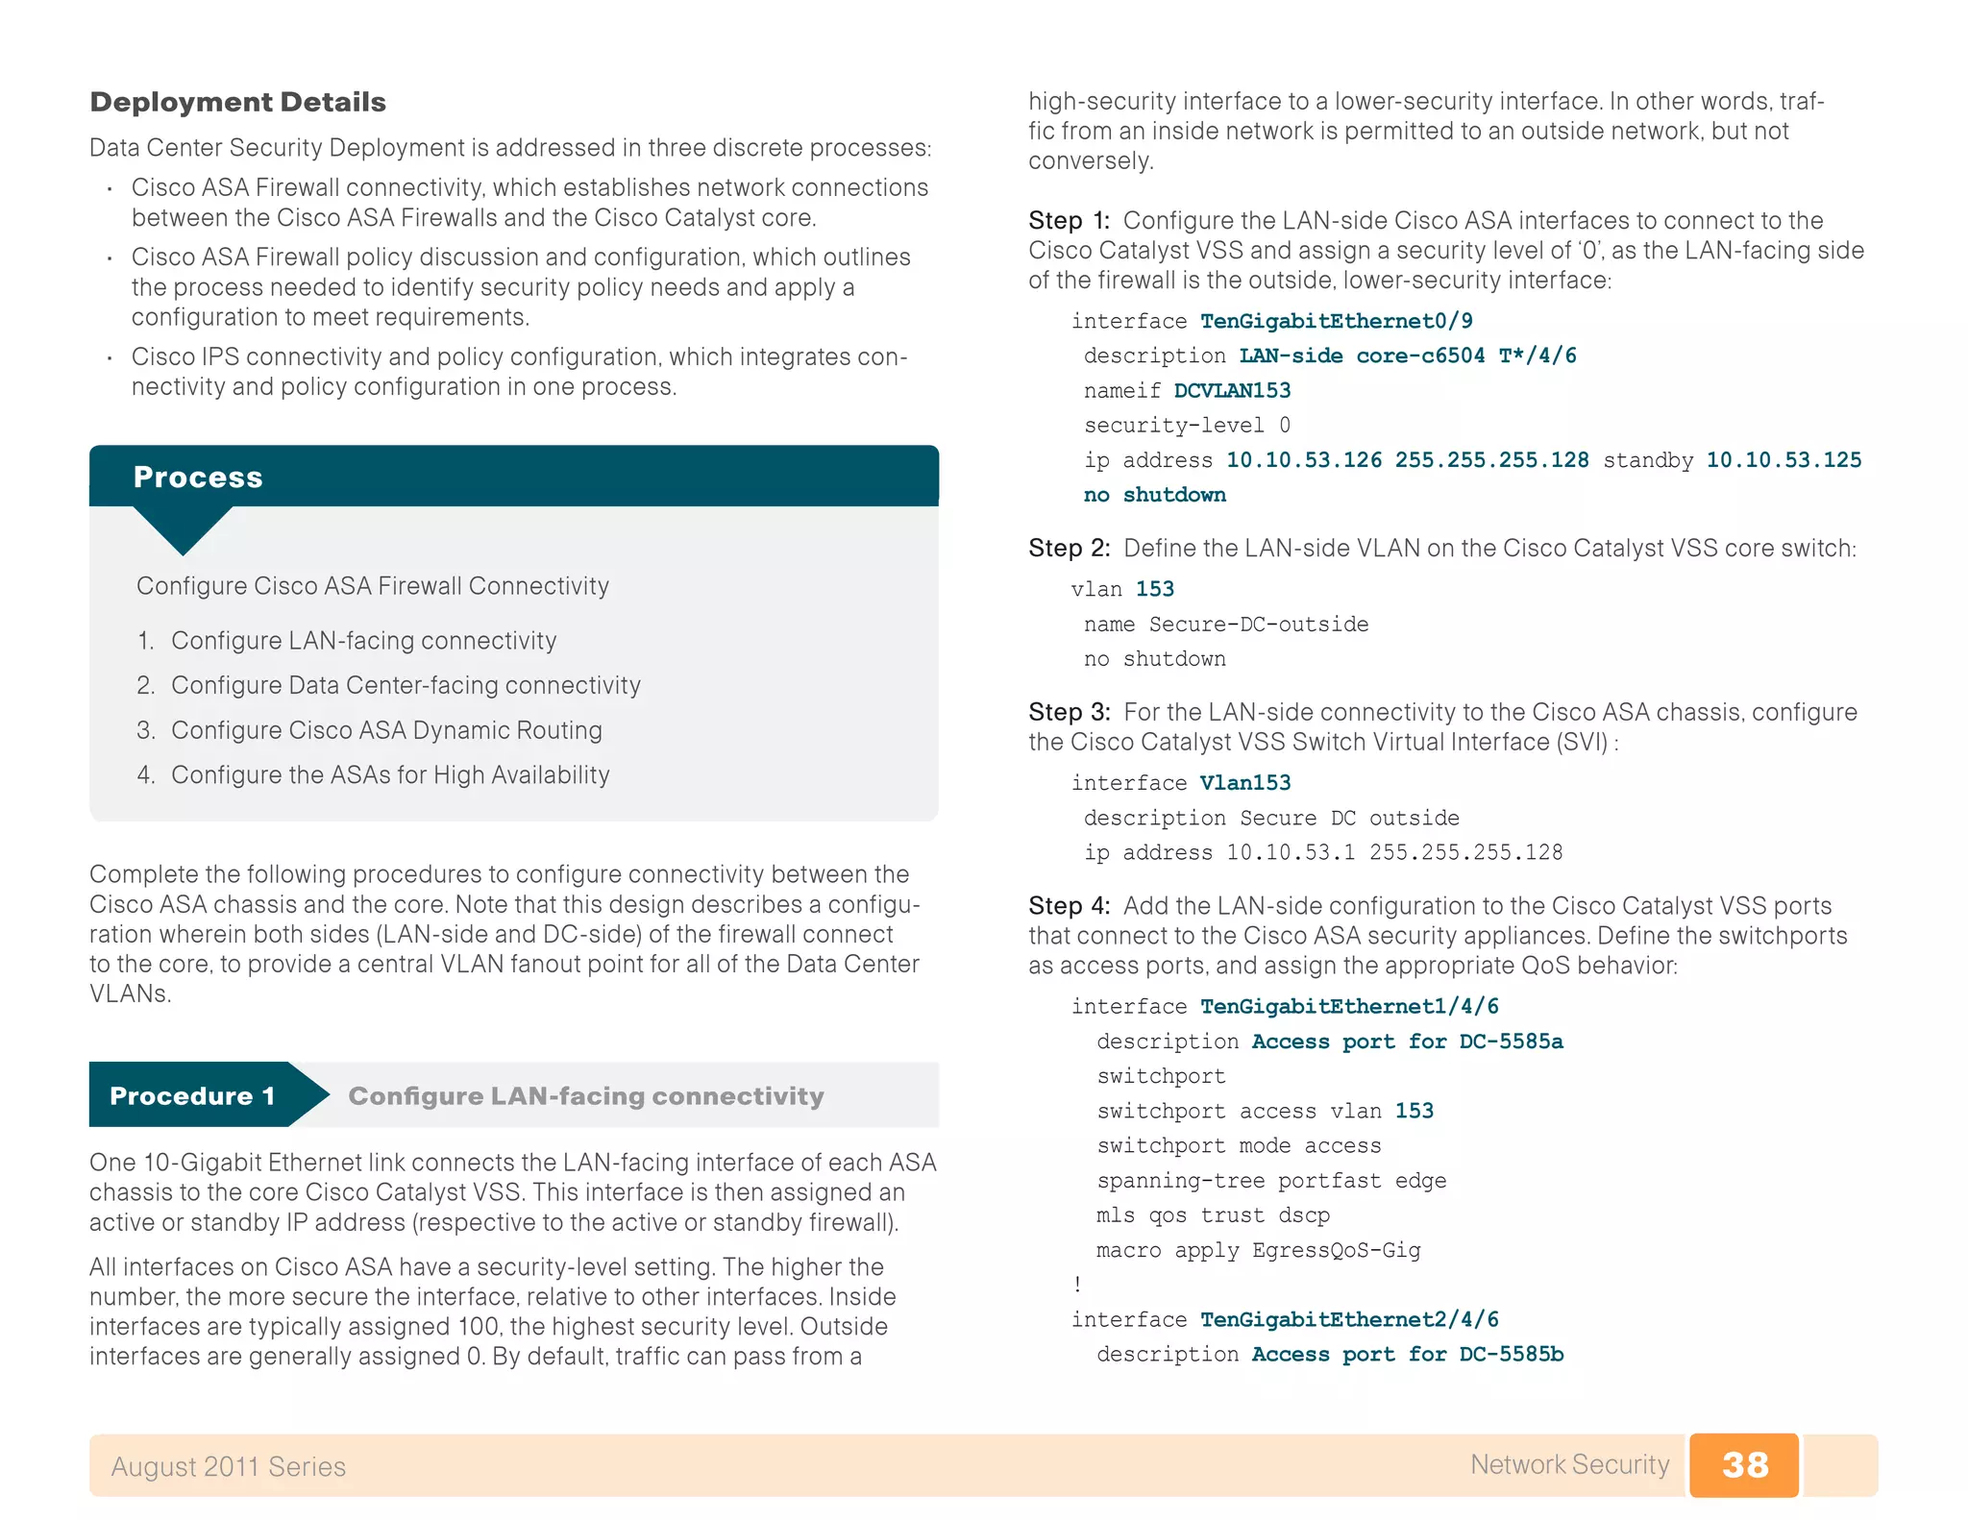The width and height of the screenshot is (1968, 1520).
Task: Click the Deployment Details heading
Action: pyautogui.click(x=237, y=102)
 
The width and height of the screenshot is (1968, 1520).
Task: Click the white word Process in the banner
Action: pyautogui.click(x=198, y=477)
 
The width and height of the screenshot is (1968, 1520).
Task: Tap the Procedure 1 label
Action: pyautogui.click(x=192, y=1095)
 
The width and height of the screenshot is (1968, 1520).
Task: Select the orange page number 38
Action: pyautogui.click(x=1744, y=1464)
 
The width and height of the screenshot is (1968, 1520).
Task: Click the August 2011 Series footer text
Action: pyautogui.click(x=228, y=1466)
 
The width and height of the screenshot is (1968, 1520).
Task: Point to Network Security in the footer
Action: pyautogui.click(x=1569, y=1464)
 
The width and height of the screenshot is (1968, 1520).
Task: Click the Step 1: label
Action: pyautogui.click(x=1069, y=220)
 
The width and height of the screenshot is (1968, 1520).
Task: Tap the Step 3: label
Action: pyautogui.click(x=1069, y=712)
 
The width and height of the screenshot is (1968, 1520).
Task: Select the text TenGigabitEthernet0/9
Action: pyautogui.click(x=1336, y=321)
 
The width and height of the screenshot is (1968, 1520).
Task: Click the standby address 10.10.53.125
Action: pyautogui.click(x=1783, y=460)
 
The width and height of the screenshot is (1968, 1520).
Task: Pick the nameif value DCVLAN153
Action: pyautogui.click(x=1232, y=390)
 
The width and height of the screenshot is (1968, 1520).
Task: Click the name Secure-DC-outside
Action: pyautogui.click(x=1259, y=625)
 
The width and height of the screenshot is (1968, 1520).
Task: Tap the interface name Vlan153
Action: pyautogui.click(x=1245, y=783)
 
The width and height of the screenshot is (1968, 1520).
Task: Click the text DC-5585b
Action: pyautogui.click(x=1511, y=1354)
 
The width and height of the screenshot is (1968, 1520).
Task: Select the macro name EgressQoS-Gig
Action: pyautogui.click(x=1336, y=1250)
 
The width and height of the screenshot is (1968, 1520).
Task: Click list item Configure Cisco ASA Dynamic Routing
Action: pyautogui.click(x=386, y=730)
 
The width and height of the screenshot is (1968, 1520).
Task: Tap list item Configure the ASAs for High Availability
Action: pyautogui.click(x=390, y=774)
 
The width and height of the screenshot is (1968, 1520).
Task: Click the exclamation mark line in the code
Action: pyautogui.click(x=1078, y=1285)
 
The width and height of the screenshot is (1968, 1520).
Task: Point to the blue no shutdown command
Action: pyautogui.click(x=1154, y=495)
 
